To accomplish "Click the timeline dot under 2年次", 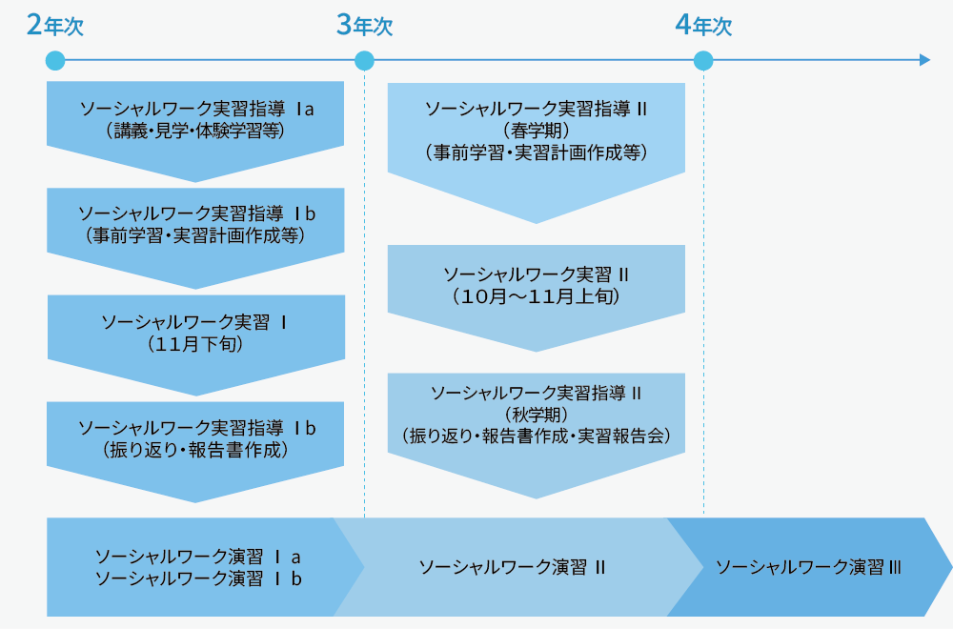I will point(55,61).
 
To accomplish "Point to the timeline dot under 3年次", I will point(364,61).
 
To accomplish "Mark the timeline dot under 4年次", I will point(703,61).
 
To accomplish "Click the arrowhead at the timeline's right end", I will point(924,61).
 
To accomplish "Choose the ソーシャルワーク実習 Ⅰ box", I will point(195,334).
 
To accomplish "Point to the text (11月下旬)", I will point(195,344).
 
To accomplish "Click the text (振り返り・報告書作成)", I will point(195,449).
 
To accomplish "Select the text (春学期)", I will point(535,131).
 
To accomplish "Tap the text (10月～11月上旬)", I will point(536,296).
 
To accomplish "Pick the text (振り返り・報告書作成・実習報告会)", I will point(536,436).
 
